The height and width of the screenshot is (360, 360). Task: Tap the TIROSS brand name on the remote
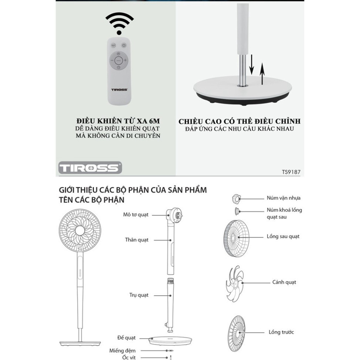pos(119,89)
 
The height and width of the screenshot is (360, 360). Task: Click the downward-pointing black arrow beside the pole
pos(252,65)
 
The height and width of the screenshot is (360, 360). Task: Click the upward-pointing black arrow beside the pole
pos(262,74)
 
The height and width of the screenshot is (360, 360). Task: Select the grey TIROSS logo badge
pos(90,167)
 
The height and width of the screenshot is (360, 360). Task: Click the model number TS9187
pos(291,172)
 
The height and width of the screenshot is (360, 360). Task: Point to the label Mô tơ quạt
pos(136,215)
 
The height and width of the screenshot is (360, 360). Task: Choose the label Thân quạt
pos(137,240)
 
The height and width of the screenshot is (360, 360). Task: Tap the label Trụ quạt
pos(139,295)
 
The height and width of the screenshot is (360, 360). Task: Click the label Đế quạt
pos(126,338)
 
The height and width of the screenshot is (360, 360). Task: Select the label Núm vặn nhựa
pos(283,198)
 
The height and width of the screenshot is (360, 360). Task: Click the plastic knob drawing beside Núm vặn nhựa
pos(236,198)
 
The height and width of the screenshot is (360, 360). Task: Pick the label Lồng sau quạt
pos(283,237)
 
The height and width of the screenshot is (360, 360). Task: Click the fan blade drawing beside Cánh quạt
pos(235,283)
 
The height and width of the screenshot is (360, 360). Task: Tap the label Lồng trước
pos(281,332)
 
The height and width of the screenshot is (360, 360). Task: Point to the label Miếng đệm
pos(122,351)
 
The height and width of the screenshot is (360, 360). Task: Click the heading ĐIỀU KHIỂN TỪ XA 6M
pos(118,121)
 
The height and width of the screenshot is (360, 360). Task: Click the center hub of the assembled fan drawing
pos(80,231)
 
